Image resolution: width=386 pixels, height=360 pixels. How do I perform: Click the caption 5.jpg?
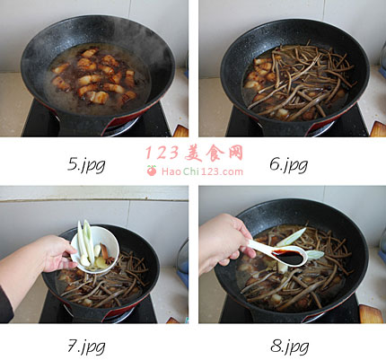pyautogui.click(x=86, y=165)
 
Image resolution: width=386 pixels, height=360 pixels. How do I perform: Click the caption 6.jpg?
pyautogui.click(x=289, y=165)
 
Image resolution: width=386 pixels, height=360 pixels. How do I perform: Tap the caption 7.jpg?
pyautogui.click(x=86, y=347)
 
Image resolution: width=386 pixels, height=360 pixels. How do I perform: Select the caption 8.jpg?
pyautogui.click(x=289, y=347)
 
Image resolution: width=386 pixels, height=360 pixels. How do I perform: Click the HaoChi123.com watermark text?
pyautogui.click(x=202, y=171)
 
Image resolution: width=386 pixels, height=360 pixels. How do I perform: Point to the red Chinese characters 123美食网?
pyautogui.click(x=195, y=153)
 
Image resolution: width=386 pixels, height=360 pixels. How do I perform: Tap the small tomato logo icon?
pyautogui.click(x=152, y=171)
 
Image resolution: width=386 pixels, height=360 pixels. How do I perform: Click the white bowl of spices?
pyautogui.click(x=96, y=250)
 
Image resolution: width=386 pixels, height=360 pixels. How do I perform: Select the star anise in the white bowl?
pyautogui.click(x=110, y=259)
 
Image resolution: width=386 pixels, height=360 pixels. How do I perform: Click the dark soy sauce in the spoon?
pyautogui.click(x=288, y=258)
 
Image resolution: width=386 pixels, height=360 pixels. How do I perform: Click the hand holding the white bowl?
pyautogui.click(x=56, y=254)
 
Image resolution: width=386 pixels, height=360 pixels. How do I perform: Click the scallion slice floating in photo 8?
pyautogui.click(x=291, y=237)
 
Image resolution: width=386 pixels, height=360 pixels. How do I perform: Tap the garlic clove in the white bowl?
pyautogui.click(x=98, y=250)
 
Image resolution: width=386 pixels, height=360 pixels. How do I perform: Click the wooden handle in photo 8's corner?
pyautogui.click(x=372, y=314)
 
